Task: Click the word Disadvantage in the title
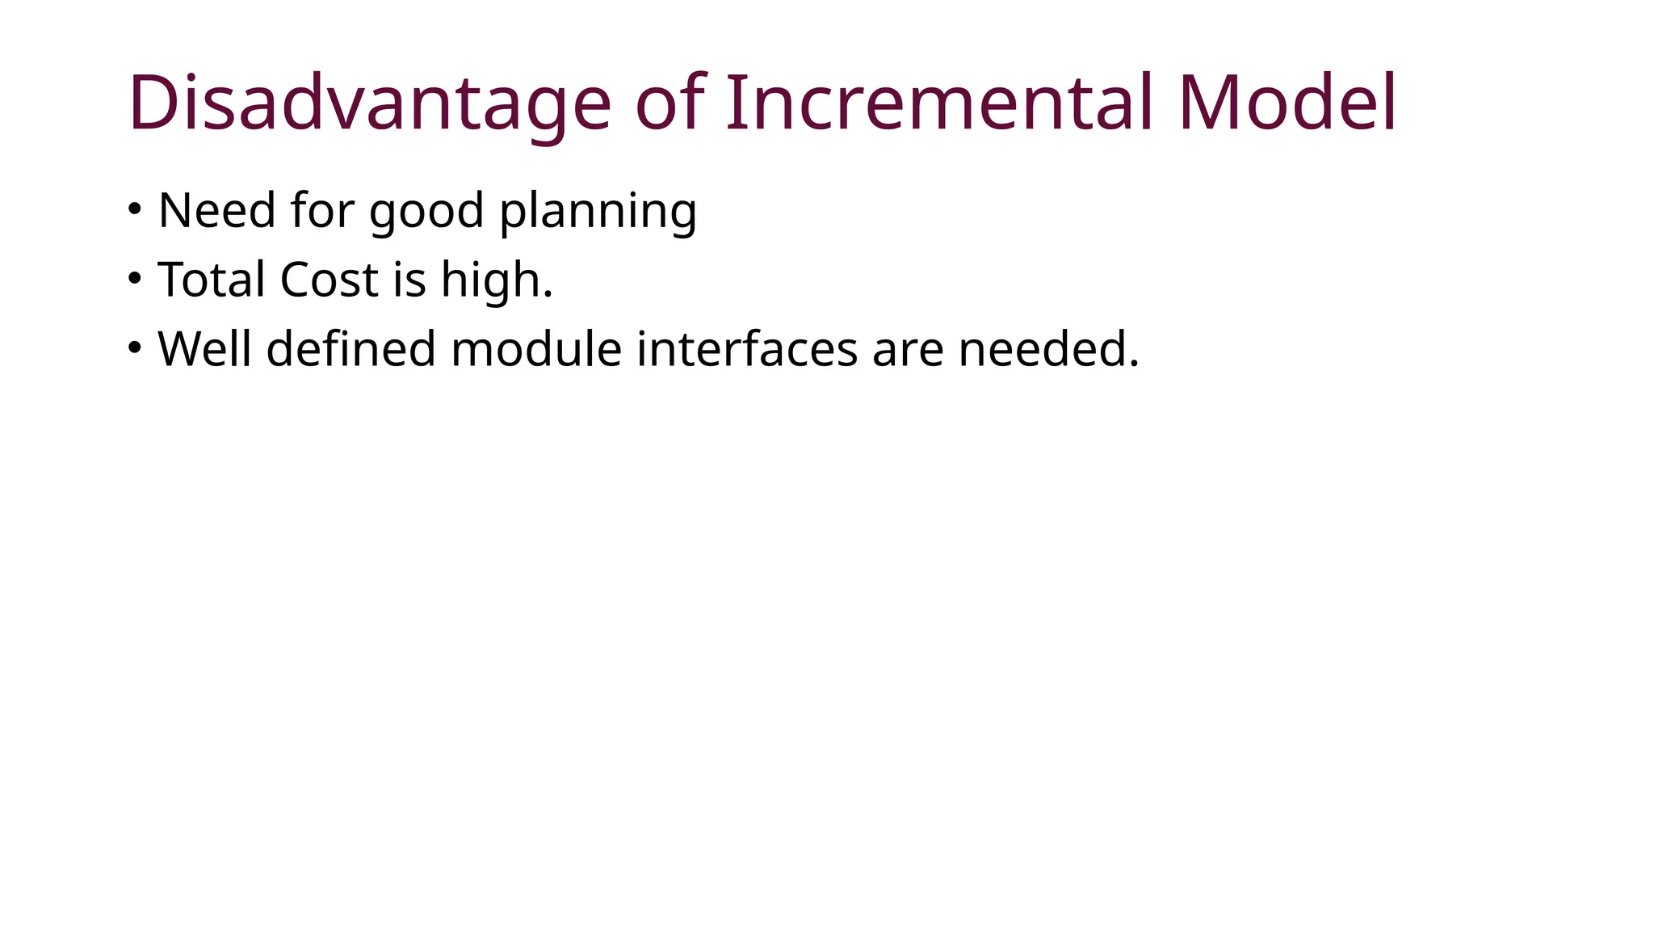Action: [369, 104]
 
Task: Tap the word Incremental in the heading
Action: [941, 104]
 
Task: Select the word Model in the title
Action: [1287, 104]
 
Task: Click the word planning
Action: [598, 213]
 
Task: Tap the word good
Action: [426, 213]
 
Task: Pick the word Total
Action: [212, 280]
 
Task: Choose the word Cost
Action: [329, 280]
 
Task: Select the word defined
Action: [351, 350]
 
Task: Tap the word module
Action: [536, 350]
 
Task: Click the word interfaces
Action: [747, 350]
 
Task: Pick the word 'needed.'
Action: [1048, 350]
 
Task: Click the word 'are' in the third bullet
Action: [908, 352]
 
